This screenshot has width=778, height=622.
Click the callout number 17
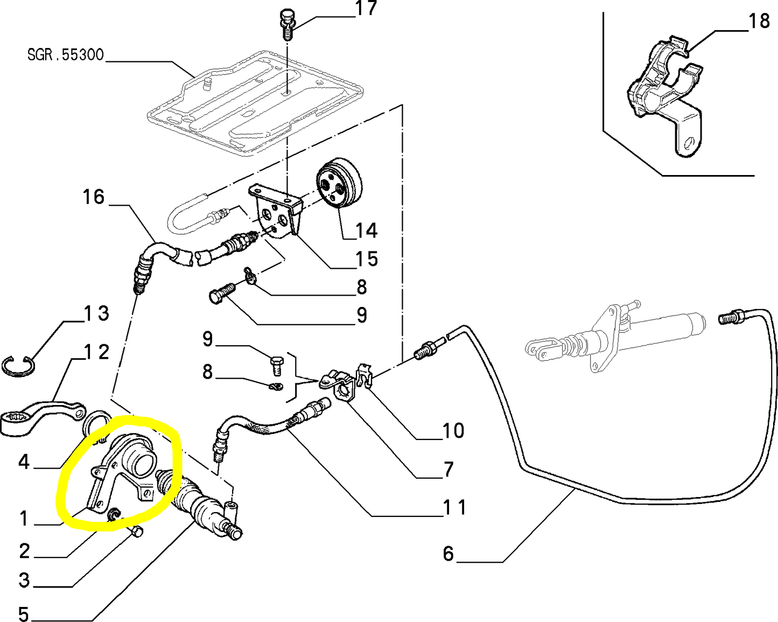tap(366, 9)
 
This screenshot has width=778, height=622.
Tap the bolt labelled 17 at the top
tap(286, 23)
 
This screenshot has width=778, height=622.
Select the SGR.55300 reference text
tap(65, 55)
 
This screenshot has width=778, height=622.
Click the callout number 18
tap(759, 21)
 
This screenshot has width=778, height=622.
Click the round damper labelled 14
tap(339, 184)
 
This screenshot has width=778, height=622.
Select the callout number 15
tap(366, 259)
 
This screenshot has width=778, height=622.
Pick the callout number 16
tap(93, 197)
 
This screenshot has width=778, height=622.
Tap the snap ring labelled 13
tap(18, 366)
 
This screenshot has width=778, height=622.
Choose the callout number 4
tap(24, 462)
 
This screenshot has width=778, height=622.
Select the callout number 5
tap(24, 613)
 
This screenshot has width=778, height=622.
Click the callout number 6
tap(448, 554)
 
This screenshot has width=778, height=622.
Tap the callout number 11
tap(454, 507)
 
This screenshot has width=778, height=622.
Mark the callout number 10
tap(453, 431)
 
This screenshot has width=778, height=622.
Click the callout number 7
tap(448, 470)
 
